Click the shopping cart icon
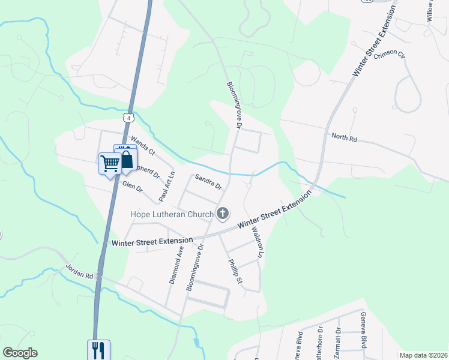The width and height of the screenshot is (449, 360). click(110, 163)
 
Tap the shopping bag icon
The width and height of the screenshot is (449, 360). click(126, 159)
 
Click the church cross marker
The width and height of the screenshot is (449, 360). click(223, 213)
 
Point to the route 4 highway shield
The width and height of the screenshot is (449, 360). click(128, 118)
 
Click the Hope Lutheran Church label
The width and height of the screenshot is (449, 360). click(172, 214)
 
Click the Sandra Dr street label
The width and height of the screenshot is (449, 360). click(208, 181)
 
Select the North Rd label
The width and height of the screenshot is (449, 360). click(344, 137)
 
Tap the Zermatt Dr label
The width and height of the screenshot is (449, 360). click(337, 342)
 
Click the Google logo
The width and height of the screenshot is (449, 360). click(20, 353)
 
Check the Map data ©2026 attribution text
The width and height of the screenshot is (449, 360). click(423, 355)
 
